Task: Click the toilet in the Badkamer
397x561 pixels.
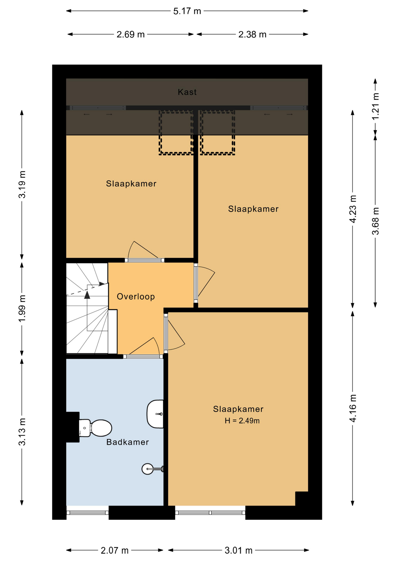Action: pos(95,428)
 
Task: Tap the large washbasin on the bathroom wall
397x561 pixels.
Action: pos(155,414)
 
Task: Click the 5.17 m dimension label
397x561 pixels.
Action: pos(187,11)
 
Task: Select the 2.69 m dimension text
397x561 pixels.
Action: pos(130,34)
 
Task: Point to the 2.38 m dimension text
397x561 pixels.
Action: pos(252,34)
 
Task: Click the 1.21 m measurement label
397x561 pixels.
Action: pos(375,106)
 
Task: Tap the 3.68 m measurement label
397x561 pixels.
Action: pos(375,221)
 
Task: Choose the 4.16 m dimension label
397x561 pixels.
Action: pos(353,408)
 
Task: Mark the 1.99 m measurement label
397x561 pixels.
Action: pos(22,308)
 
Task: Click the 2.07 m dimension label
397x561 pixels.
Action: pos(115,550)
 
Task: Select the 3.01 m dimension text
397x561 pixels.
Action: pos(238,550)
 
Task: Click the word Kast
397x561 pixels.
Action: pos(187,92)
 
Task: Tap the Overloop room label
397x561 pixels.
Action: pos(136,297)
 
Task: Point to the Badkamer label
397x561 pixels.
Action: pos(127,442)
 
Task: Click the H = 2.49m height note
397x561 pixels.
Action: pos(242,421)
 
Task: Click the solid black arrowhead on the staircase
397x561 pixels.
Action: pos(87,295)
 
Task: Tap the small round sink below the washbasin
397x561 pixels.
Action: pos(148,469)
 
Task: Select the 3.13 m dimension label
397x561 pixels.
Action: pos(22,432)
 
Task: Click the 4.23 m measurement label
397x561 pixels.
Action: pos(353,209)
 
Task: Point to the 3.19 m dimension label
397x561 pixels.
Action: pos(22,185)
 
